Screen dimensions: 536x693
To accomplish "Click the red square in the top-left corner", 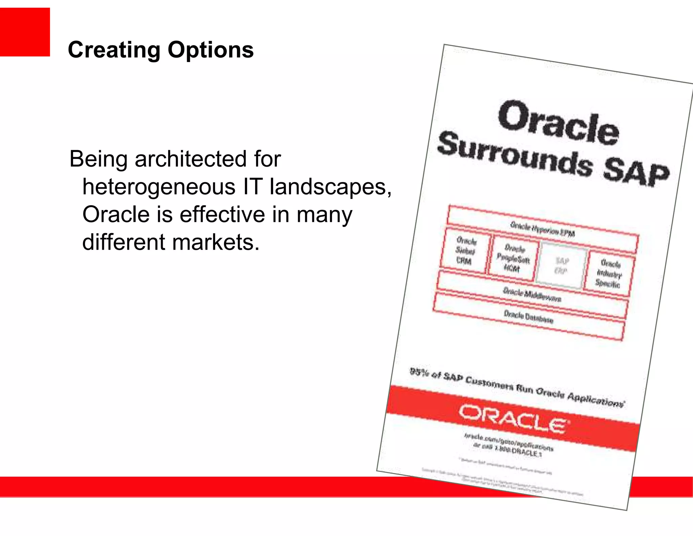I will click(25, 32).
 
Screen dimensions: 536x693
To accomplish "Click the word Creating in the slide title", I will click(114, 50).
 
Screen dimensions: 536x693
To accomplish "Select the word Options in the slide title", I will click(210, 50).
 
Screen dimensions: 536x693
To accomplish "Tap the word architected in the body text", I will click(191, 159).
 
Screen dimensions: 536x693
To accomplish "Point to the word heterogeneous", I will click(159, 187).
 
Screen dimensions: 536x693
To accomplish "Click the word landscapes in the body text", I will click(330, 187).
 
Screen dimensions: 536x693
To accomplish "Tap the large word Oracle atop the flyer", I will click(558, 123).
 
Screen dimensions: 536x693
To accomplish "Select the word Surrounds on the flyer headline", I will click(514, 154).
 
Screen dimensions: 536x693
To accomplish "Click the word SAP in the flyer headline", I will click(636, 173).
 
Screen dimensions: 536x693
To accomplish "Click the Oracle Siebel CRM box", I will click(465, 251).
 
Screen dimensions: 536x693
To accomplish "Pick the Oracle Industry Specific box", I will click(609, 273).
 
